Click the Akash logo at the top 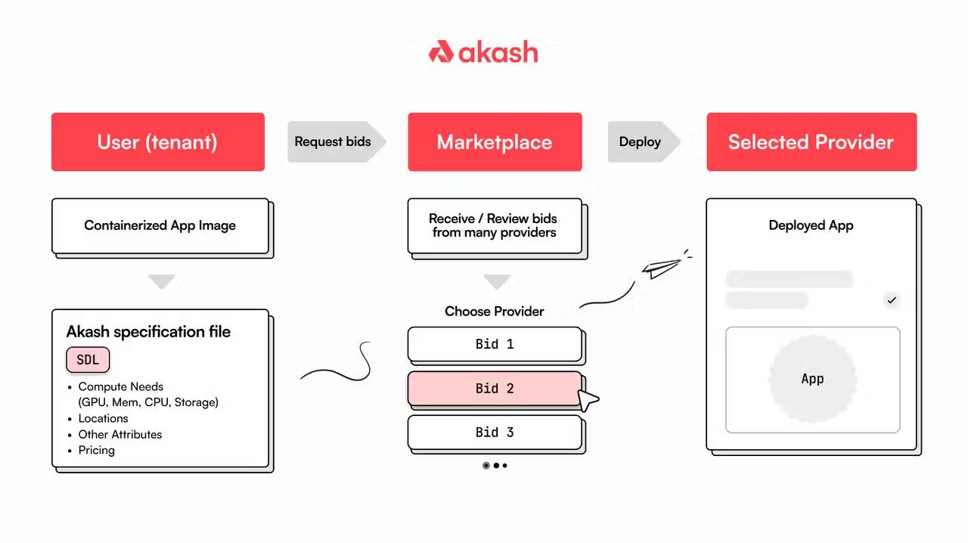pos(483,52)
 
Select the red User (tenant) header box pos(157,142)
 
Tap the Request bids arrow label pos(334,142)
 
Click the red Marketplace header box pos(495,142)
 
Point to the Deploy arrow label pos(641,142)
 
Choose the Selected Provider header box pos(811,142)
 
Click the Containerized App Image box pos(160,225)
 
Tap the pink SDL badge pos(88,360)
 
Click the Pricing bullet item pos(97,450)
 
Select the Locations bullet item pos(104,418)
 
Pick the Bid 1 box pos(495,344)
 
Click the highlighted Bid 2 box pos(495,389)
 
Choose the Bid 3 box pos(495,433)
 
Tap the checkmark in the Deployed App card pos(892,300)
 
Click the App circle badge pos(812,379)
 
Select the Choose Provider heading pos(495,312)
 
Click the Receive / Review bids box pos(495,225)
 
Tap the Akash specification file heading pos(148,332)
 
